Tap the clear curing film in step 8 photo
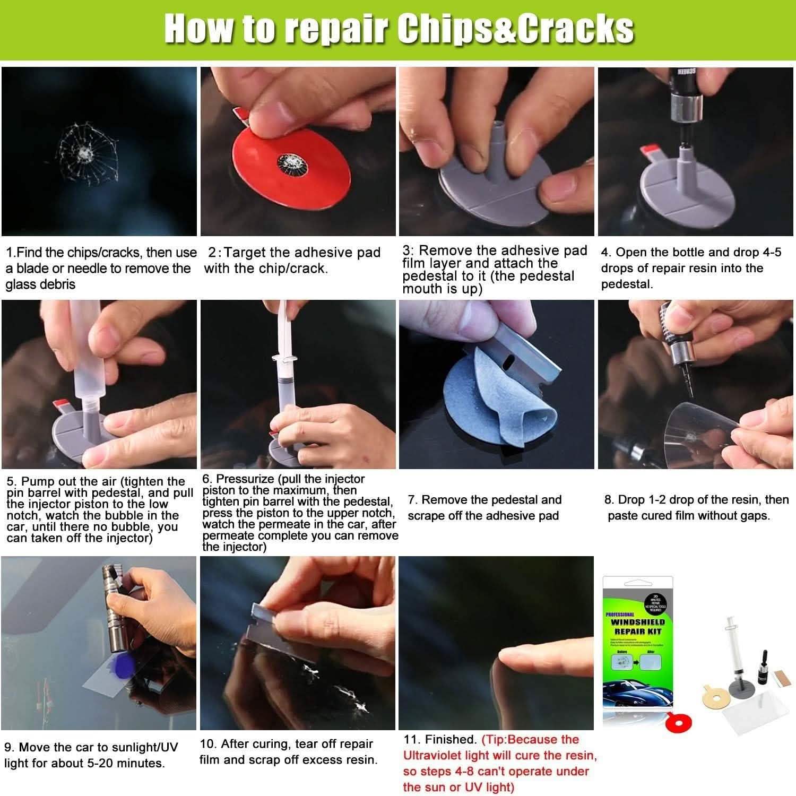click(700, 425)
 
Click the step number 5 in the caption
click(11, 482)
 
